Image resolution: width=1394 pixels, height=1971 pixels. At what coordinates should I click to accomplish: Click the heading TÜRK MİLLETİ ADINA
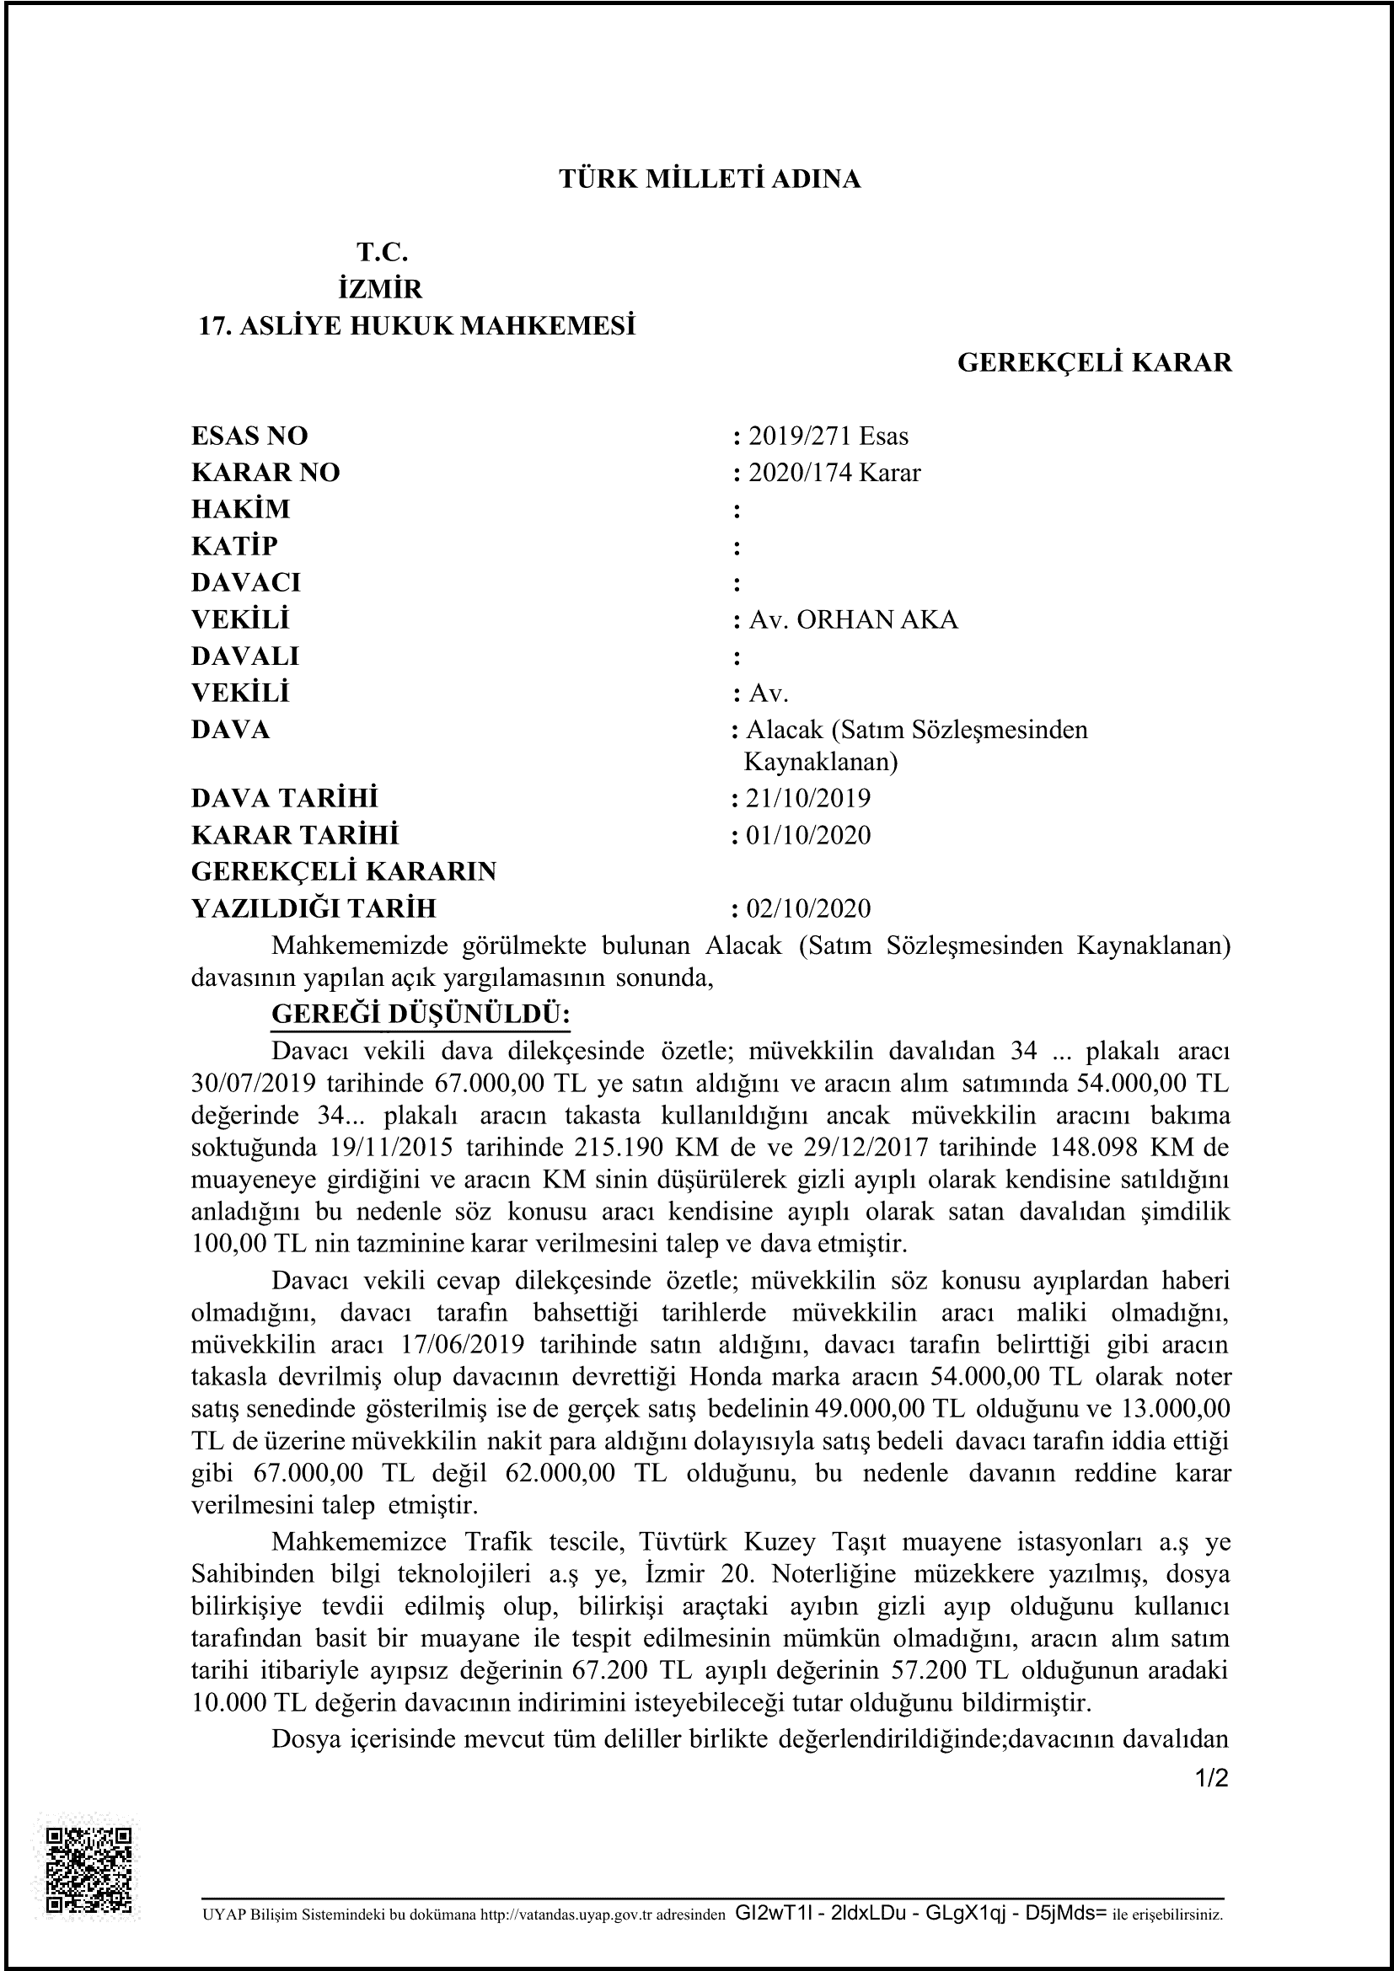(709, 179)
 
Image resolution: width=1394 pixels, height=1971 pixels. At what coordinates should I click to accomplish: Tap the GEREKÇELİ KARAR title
(1095, 363)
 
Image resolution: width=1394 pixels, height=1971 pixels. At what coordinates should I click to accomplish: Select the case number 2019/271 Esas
(828, 437)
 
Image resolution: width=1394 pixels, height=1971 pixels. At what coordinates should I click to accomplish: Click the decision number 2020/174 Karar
(834, 473)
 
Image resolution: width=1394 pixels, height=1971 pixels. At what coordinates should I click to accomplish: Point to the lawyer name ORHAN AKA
(877, 620)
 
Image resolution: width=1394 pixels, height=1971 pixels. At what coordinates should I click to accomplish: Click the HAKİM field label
(240, 509)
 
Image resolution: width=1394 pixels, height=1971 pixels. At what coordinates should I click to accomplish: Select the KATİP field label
(234, 546)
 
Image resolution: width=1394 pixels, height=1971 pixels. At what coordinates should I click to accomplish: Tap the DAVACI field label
(245, 583)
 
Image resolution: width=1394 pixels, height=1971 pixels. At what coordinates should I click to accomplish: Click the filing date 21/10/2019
(807, 798)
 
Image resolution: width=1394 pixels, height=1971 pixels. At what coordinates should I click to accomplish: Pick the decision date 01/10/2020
(807, 835)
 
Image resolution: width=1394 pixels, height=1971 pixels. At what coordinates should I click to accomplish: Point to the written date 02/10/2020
(807, 908)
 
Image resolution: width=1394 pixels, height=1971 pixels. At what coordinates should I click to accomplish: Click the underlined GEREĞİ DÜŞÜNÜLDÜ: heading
(421, 1014)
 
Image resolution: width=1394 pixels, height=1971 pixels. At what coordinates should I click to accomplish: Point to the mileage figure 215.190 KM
(542, 1148)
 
